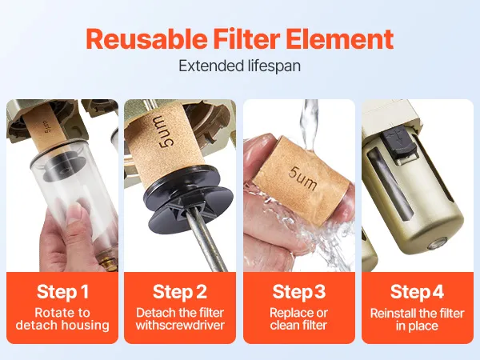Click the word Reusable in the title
coord(146,39)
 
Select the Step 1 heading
coord(62,291)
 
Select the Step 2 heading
coord(180,291)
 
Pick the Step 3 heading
coord(299,291)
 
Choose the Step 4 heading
coord(417,291)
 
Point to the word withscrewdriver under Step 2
coord(180,325)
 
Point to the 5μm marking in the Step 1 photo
coord(48,126)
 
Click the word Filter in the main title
coord(246,39)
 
